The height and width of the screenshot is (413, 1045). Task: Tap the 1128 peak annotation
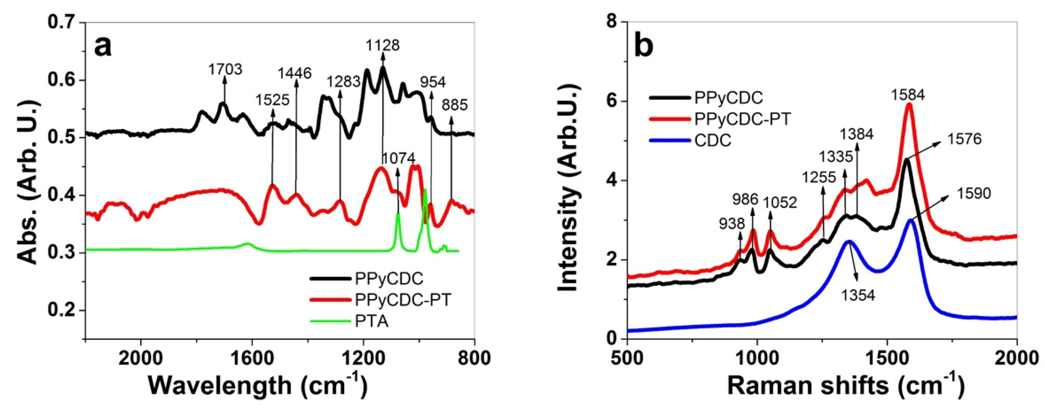(x=383, y=45)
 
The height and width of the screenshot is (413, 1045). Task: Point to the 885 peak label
(x=455, y=106)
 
